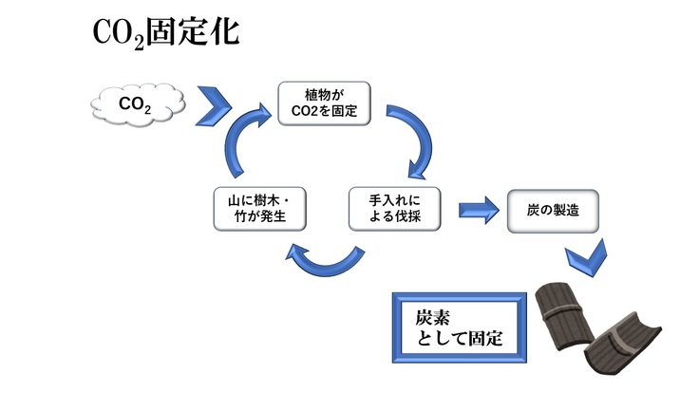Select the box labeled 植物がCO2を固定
point(323,104)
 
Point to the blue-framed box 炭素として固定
point(462,327)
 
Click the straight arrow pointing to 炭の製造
point(479,210)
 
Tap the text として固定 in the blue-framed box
point(460,338)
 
